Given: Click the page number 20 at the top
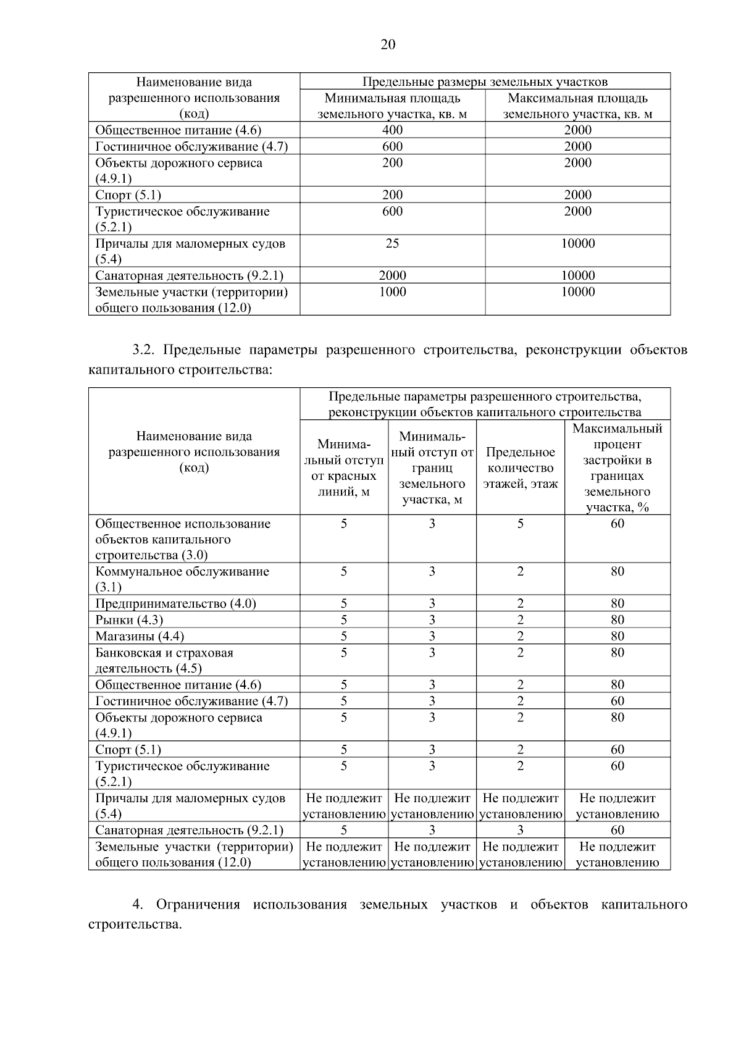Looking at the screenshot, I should (388, 44).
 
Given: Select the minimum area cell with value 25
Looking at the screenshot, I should (392, 243).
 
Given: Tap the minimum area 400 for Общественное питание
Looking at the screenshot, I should (392, 130).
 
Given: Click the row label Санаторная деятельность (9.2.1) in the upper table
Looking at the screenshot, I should (189, 275).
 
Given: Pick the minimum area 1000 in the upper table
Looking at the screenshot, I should (392, 291).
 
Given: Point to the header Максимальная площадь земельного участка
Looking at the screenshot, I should (577, 106).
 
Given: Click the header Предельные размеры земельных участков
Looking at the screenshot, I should (485, 82).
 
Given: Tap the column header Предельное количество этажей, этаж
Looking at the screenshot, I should (520, 468).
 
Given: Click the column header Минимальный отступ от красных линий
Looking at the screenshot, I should (344, 468).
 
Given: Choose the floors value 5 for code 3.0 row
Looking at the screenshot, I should (520, 524).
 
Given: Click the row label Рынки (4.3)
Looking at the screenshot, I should (129, 619).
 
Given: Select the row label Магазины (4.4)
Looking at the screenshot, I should (140, 636).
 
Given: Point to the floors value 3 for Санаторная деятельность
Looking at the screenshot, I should (520, 830).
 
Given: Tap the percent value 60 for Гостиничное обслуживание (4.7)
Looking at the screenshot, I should (617, 701).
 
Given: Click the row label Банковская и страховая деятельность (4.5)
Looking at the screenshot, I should (164, 660).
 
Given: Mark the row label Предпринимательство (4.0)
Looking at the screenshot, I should (175, 603).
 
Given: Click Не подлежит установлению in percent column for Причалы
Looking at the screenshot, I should (617, 806).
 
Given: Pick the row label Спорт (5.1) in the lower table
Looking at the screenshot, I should (128, 750).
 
